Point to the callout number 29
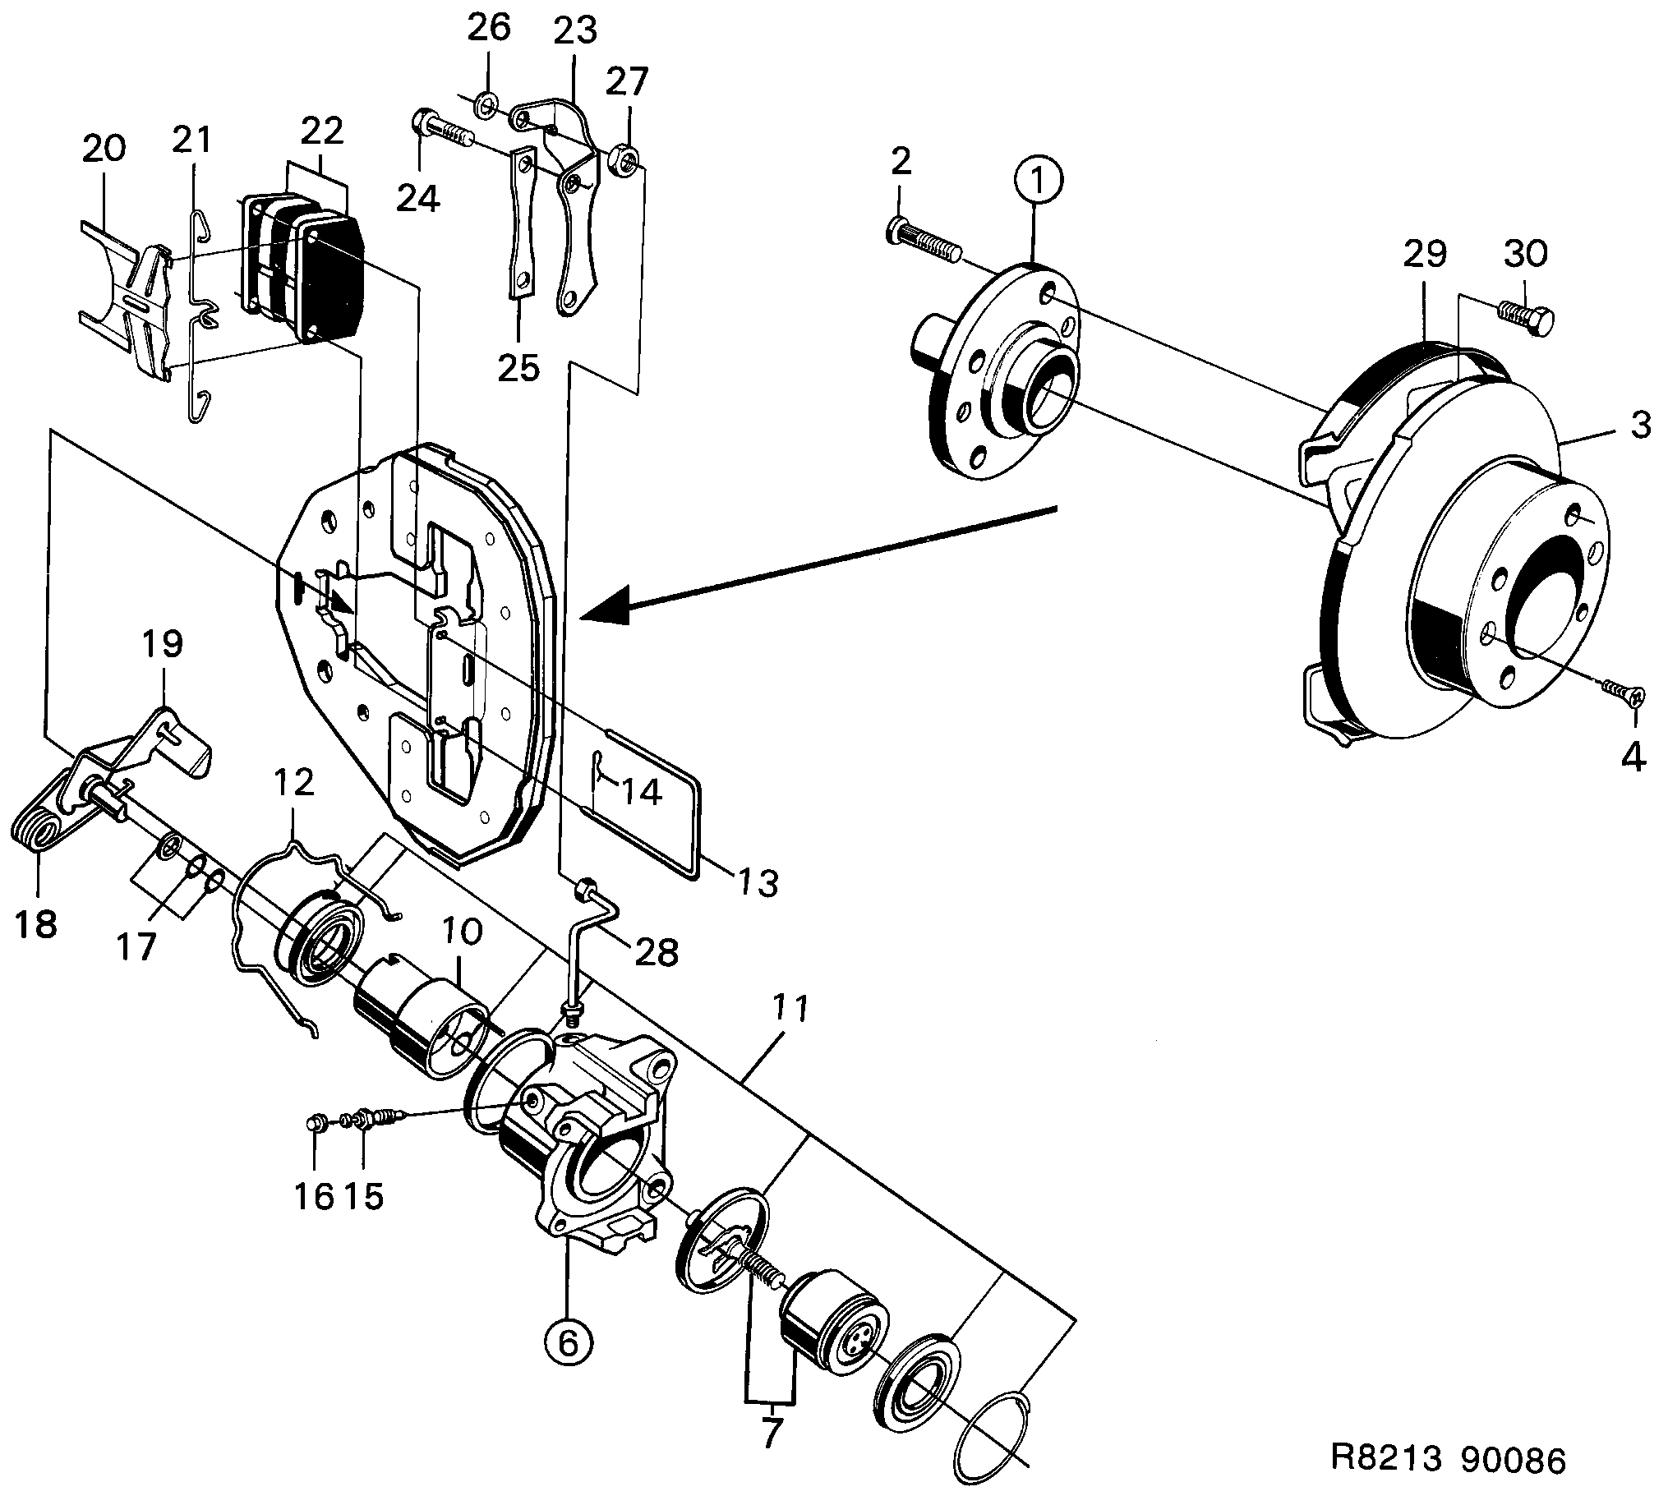(x=1424, y=254)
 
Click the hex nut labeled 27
(x=625, y=157)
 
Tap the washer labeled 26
(x=486, y=105)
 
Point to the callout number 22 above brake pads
(x=322, y=131)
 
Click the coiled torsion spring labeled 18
(x=38, y=831)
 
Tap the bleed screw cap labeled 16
(x=314, y=1123)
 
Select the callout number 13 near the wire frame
(x=758, y=883)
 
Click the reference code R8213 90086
(x=1448, y=1461)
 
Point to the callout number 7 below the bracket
(x=770, y=1431)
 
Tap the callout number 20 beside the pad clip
(x=104, y=148)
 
